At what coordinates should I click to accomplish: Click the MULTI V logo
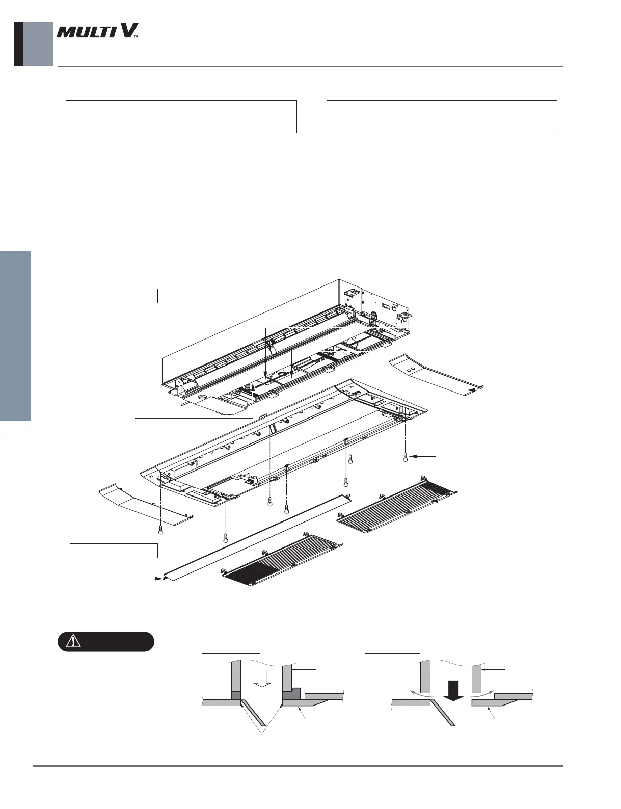[97, 33]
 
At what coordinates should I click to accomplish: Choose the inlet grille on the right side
[397, 505]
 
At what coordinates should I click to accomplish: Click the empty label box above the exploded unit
[113, 296]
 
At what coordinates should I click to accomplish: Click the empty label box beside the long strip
[113, 551]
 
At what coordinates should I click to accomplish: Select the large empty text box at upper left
[181, 117]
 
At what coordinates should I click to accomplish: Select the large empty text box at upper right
[442, 117]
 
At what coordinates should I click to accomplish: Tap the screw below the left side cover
[161, 531]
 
